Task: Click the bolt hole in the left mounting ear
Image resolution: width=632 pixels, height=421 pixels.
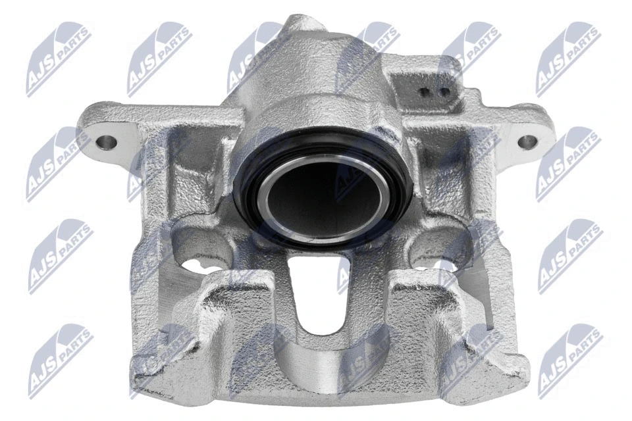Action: click(107, 142)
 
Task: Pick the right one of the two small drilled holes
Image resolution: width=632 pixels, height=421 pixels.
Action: click(444, 92)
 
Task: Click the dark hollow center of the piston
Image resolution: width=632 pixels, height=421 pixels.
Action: click(324, 200)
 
